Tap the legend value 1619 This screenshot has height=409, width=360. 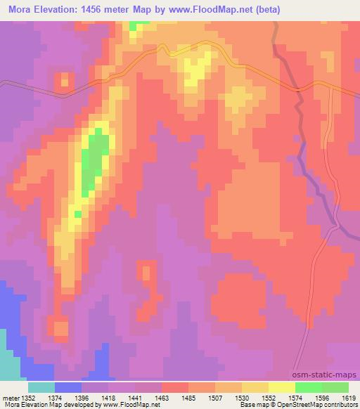(349, 397)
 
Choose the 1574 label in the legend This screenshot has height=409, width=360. (296, 397)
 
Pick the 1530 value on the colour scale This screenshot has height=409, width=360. (243, 397)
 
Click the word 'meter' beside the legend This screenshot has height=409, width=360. (8, 397)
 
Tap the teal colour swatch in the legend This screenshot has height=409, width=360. (41, 387)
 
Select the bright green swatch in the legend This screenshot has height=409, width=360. (308, 387)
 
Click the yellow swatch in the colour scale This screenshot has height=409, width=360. (281, 387)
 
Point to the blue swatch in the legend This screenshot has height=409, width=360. (68, 387)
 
